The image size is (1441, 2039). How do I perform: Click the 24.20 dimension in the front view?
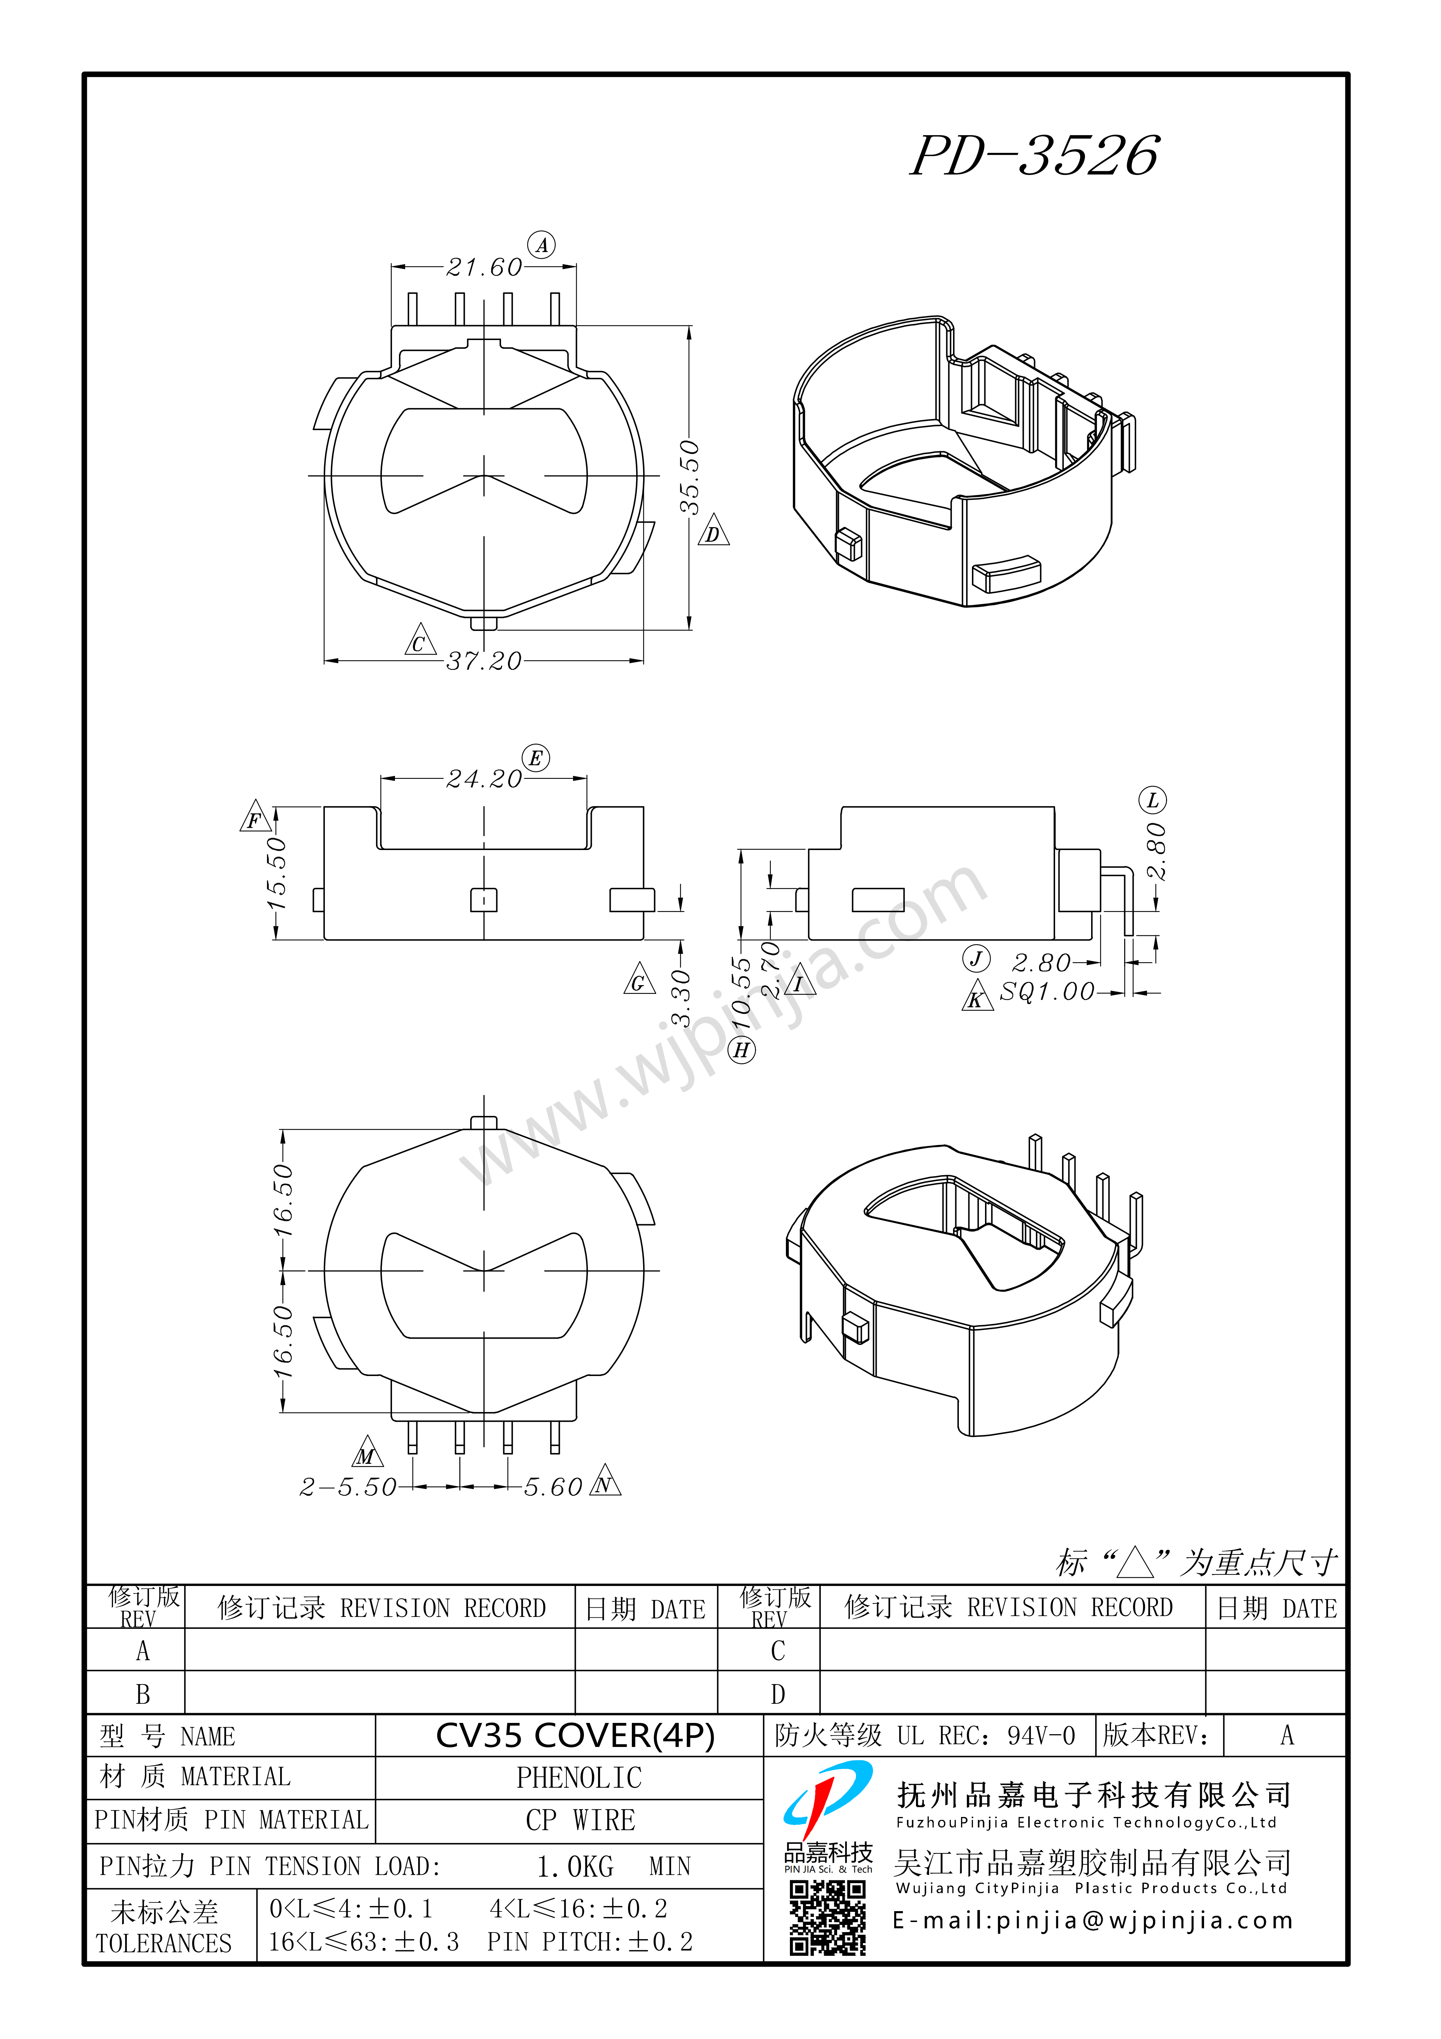point(484,779)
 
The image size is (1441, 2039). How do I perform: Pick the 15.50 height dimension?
point(277,873)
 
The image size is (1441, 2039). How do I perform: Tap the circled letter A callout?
point(541,245)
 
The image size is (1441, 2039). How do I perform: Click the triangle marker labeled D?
point(713,532)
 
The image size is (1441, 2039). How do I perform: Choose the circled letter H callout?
point(742,1051)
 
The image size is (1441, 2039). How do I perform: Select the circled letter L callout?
point(1153,800)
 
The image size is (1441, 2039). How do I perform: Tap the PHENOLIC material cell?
point(579,1778)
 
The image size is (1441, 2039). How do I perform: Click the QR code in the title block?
point(828,1917)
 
